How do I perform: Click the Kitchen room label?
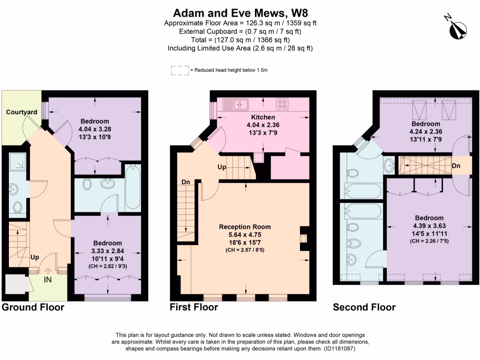263,117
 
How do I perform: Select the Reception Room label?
245,226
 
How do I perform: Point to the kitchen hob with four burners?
282,104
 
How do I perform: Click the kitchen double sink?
237,104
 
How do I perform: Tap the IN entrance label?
48,280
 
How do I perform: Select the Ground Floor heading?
33,307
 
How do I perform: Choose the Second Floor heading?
364,307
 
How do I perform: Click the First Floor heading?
194,307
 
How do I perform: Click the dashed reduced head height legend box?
180,70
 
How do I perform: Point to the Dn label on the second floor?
456,165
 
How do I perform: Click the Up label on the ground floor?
35,257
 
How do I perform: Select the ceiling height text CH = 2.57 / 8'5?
245,250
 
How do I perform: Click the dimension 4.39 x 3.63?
429,225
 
